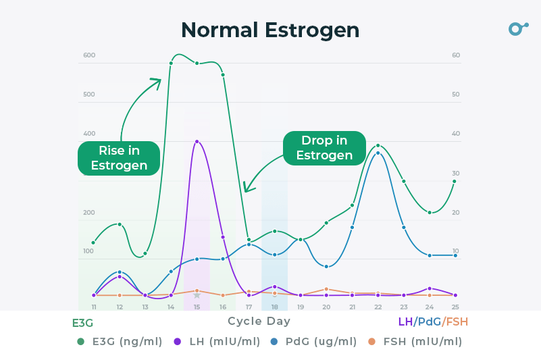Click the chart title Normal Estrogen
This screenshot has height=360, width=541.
tap(270, 30)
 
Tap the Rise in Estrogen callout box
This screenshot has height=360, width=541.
tap(119, 158)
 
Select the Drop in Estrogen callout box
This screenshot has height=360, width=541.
tap(324, 148)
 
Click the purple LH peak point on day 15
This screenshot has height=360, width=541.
tap(197, 141)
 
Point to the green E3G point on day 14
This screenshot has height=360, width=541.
tap(171, 63)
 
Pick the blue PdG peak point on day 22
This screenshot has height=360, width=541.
tap(378, 153)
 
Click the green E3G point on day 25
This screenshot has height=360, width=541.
tap(455, 181)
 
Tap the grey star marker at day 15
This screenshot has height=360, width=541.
tap(197, 295)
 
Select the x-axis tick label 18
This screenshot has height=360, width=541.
tap(274, 307)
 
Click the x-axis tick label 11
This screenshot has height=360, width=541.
tap(93, 307)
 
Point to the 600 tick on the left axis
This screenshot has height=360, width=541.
tap(89, 55)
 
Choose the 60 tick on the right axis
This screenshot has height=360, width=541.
tap(456, 55)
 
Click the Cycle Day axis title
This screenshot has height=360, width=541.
tap(259, 322)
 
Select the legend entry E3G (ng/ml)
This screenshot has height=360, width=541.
tap(120, 342)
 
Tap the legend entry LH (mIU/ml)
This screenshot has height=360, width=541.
tap(217, 342)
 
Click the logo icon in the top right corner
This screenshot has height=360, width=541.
tap(517, 28)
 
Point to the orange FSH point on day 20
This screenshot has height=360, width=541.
tap(326, 289)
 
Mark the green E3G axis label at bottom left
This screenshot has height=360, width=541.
tap(82, 323)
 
